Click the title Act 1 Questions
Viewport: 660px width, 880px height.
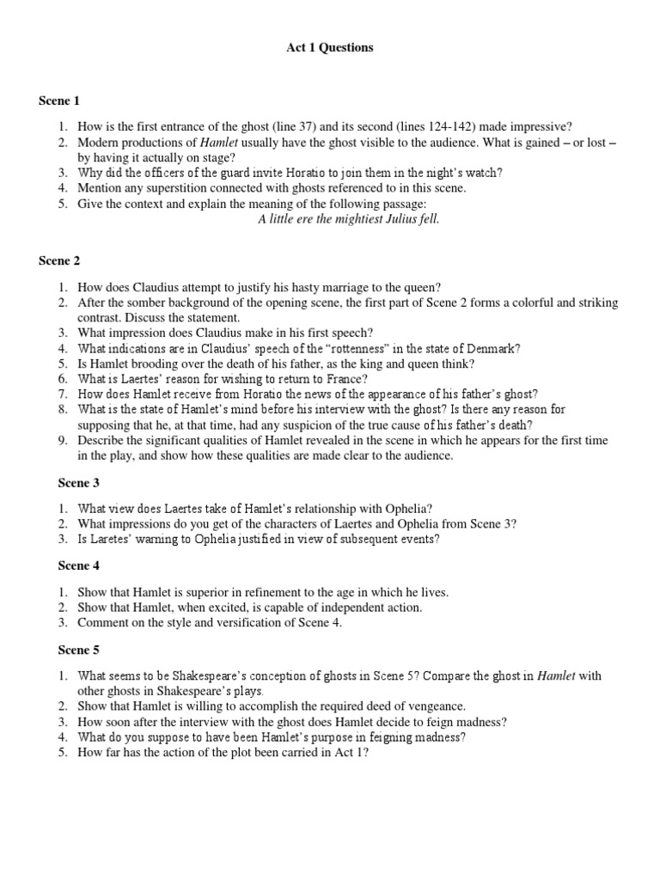(329, 48)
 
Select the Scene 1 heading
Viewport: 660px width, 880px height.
(58, 101)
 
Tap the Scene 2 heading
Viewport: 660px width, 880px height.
(58, 260)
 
